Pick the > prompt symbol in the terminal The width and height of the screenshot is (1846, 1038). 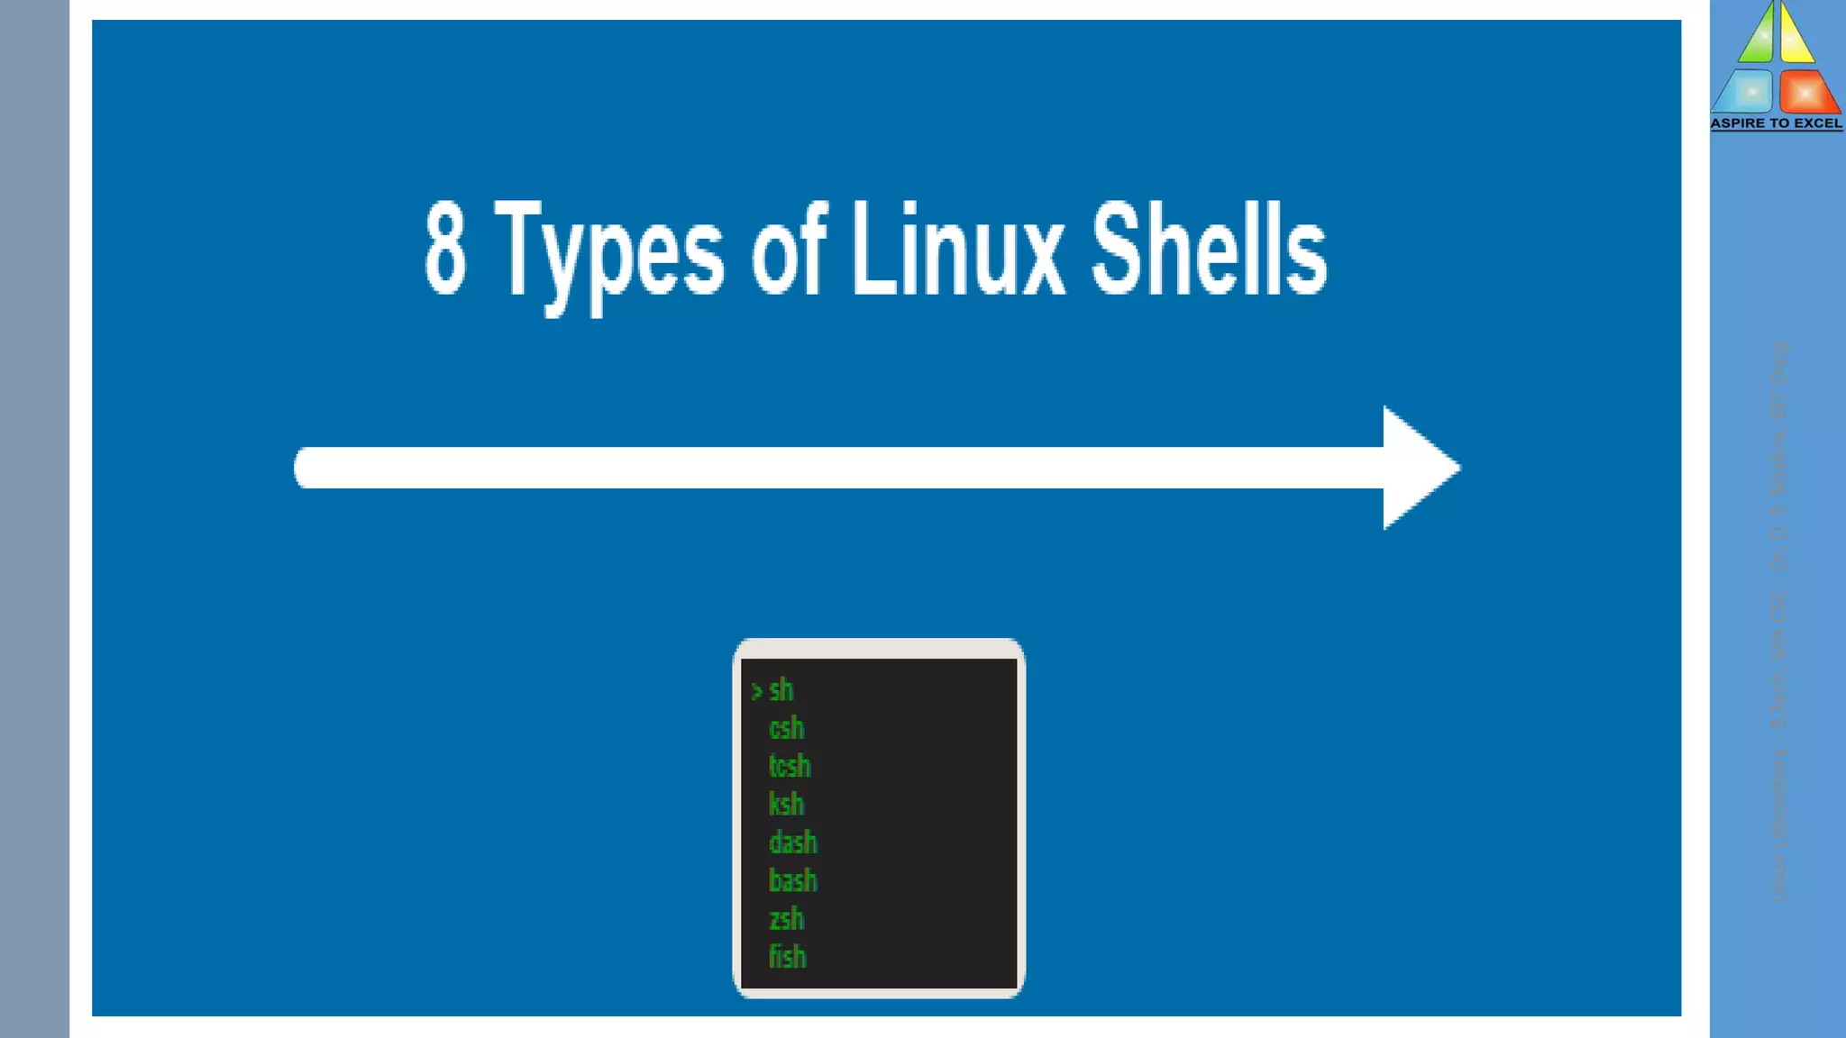pyautogui.click(x=756, y=692)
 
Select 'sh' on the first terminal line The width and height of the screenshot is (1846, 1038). pyautogui.click(x=781, y=690)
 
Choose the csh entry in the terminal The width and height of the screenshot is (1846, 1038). pyautogui.click(x=786, y=728)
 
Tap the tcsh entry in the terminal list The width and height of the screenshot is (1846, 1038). pyautogui.click(x=790, y=766)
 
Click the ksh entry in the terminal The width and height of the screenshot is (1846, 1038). pyautogui.click(x=786, y=804)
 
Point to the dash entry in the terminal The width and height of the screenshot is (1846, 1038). pyautogui.click(x=792, y=842)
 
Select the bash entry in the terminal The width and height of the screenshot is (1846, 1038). pyautogui.click(x=792, y=880)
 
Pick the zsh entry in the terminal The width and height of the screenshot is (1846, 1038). pyautogui.click(x=786, y=919)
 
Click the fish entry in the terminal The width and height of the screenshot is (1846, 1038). pyautogui.click(x=787, y=957)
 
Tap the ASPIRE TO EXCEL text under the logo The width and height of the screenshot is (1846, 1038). pyautogui.click(x=1776, y=123)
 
